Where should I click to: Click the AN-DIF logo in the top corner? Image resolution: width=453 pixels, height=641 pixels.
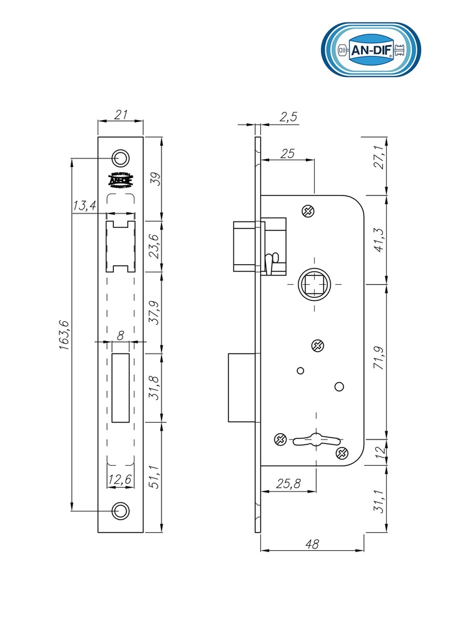point(370,50)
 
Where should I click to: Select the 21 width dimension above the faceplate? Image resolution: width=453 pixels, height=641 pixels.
point(121,115)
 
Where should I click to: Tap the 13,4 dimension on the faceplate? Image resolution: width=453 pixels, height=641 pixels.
point(84,205)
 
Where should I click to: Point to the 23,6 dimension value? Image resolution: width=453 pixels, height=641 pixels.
point(153,246)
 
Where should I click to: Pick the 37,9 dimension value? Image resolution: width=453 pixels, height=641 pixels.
point(153,312)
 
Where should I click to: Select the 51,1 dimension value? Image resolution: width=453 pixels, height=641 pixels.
point(153,476)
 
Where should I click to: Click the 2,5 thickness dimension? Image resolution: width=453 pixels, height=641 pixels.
point(288,116)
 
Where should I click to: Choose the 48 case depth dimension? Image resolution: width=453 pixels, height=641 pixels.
point(312,545)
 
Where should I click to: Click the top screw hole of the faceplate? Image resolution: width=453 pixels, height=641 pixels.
point(121,156)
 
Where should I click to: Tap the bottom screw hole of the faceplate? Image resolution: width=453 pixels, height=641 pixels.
point(121,511)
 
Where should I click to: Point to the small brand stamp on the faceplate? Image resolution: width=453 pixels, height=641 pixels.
point(121,180)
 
